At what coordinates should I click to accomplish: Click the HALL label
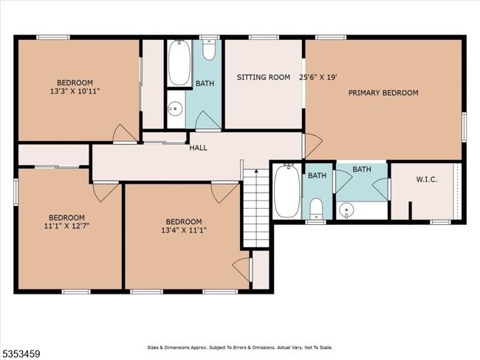click(198, 148)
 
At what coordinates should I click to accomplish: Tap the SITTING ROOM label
click(264, 77)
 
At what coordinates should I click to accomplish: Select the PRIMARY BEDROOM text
click(383, 93)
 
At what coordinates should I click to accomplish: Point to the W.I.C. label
click(426, 179)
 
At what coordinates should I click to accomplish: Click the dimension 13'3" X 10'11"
click(75, 91)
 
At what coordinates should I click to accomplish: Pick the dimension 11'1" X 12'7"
click(66, 226)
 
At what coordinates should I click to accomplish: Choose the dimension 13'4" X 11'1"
click(184, 230)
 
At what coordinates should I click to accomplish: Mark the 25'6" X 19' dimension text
click(318, 77)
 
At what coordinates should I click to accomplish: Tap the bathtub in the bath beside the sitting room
click(179, 63)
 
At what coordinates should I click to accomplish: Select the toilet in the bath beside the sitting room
click(209, 49)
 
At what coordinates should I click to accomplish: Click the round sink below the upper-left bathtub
click(175, 108)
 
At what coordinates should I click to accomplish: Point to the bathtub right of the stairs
click(287, 190)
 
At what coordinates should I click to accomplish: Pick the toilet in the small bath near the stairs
click(316, 209)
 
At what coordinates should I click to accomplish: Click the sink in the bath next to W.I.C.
click(346, 210)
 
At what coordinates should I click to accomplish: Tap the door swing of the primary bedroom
click(313, 145)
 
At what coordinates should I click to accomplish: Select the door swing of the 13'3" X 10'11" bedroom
click(126, 133)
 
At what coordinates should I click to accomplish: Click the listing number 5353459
click(20, 354)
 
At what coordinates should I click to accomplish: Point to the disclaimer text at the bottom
click(240, 347)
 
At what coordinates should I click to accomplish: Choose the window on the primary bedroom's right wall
click(464, 127)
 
